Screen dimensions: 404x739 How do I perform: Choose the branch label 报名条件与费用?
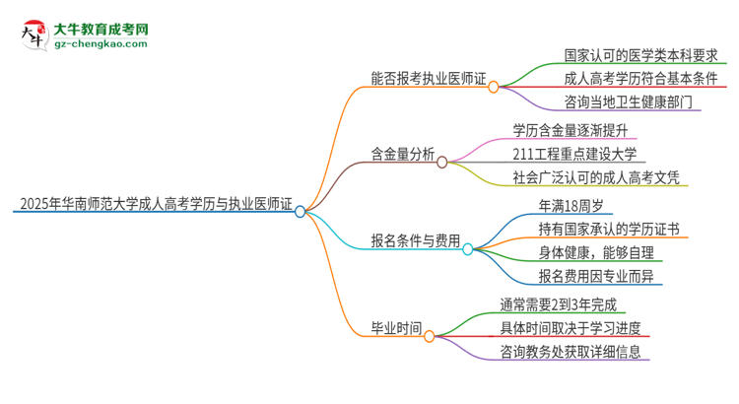(x=415, y=239)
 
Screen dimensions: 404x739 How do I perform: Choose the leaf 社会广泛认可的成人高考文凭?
(x=595, y=178)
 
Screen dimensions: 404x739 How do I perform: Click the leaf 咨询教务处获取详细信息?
(x=575, y=352)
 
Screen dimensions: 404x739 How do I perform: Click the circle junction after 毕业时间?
(x=430, y=336)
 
